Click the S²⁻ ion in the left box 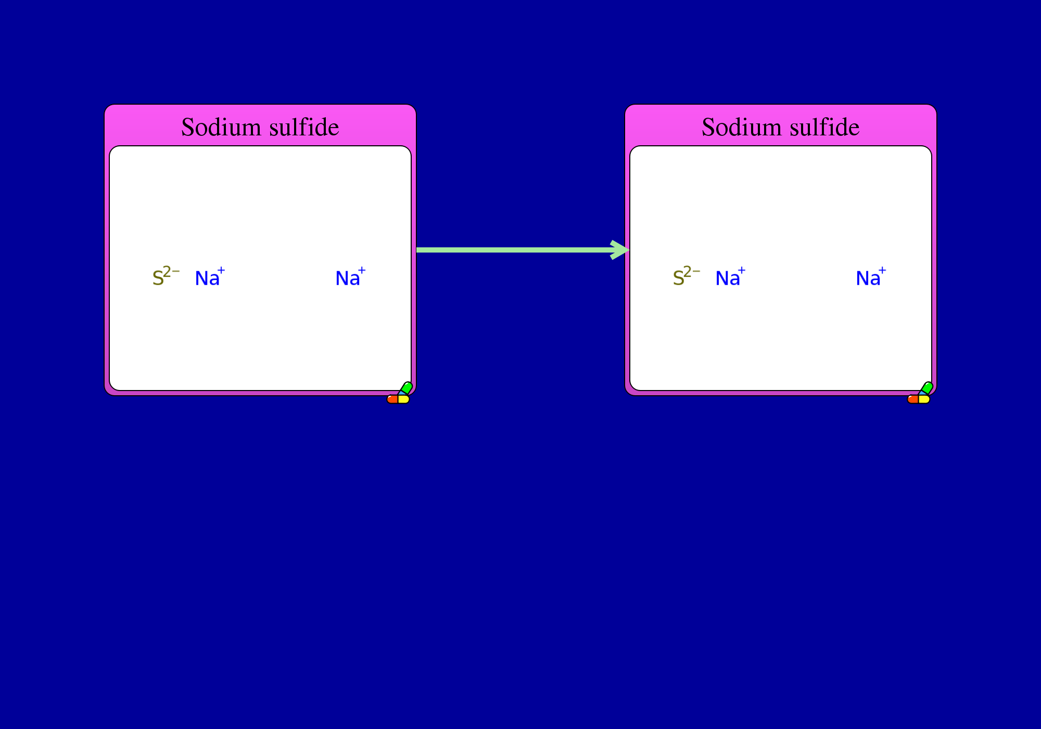click(x=166, y=276)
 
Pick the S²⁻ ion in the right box click(x=687, y=276)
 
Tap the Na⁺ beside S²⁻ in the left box click(x=210, y=276)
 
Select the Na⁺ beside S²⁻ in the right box click(x=730, y=276)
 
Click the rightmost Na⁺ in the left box click(x=350, y=276)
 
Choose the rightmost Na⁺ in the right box click(x=871, y=276)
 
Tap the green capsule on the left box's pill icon click(x=407, y=388)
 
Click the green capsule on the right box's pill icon click(x=927, y=388)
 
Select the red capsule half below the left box click(x=392, y=399)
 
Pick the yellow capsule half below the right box click(x=924, y=399)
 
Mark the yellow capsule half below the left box click(x=404, y=399)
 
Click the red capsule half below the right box click(x=913, y=399)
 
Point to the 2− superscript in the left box click(x=171, y=271)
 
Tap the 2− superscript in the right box click(x=692, y=271)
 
